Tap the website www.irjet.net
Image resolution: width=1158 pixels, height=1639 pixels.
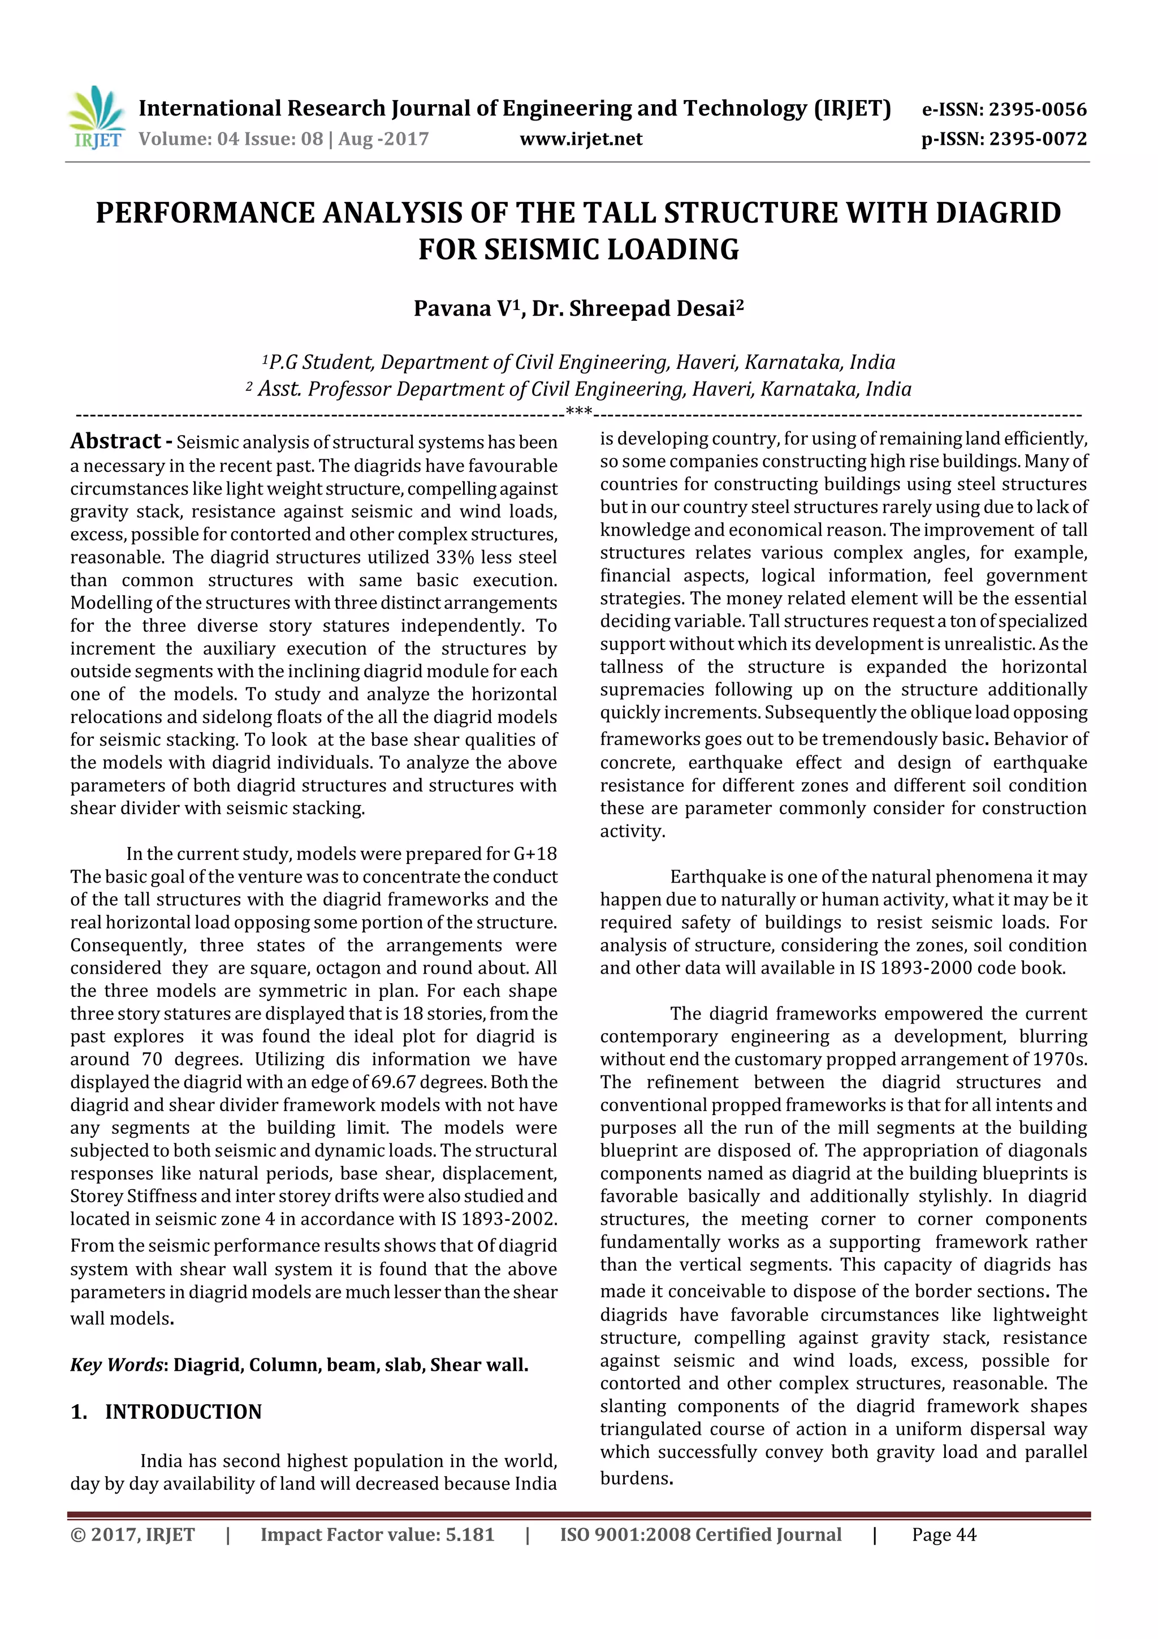[x=581, y=139]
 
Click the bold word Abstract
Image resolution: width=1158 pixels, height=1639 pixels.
[x=115, y=441]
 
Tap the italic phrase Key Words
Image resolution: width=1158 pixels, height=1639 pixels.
[x=117, y=1364]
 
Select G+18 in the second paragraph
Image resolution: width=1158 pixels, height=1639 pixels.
[x=535, y=854]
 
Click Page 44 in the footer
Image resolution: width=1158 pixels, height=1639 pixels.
[x=943, y=1535]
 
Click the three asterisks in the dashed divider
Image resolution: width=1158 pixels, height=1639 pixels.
[x=578, y=411]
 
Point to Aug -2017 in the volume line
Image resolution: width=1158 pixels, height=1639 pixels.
[x=383, y=139]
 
